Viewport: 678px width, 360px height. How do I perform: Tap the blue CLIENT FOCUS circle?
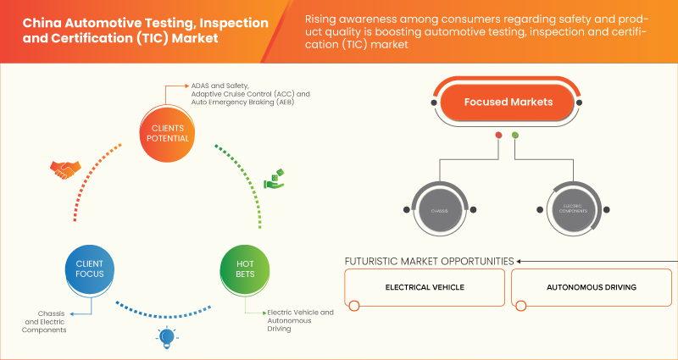click(x=83, y=269)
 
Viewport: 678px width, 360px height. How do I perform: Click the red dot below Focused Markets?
click(x=498, y=136)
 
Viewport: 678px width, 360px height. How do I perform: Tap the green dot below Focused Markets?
click(x=515, y=136)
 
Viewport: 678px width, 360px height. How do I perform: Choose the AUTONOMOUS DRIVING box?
click(x=591, y=287)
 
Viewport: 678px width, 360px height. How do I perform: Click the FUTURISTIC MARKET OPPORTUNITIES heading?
click(x=429, y=261)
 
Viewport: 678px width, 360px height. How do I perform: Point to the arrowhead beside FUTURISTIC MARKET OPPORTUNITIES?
click(x=521, y=261)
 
